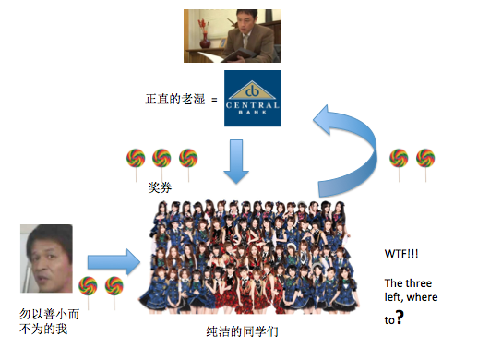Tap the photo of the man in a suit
(x=232, y=35)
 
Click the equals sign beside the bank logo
(x=212, y=98)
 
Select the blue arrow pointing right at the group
(x=112, y=260)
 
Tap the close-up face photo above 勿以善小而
(x=46, y=259)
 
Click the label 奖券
(x=160, y=187)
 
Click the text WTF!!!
(x=400, y=252)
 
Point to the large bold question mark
(x=400, y=318)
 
